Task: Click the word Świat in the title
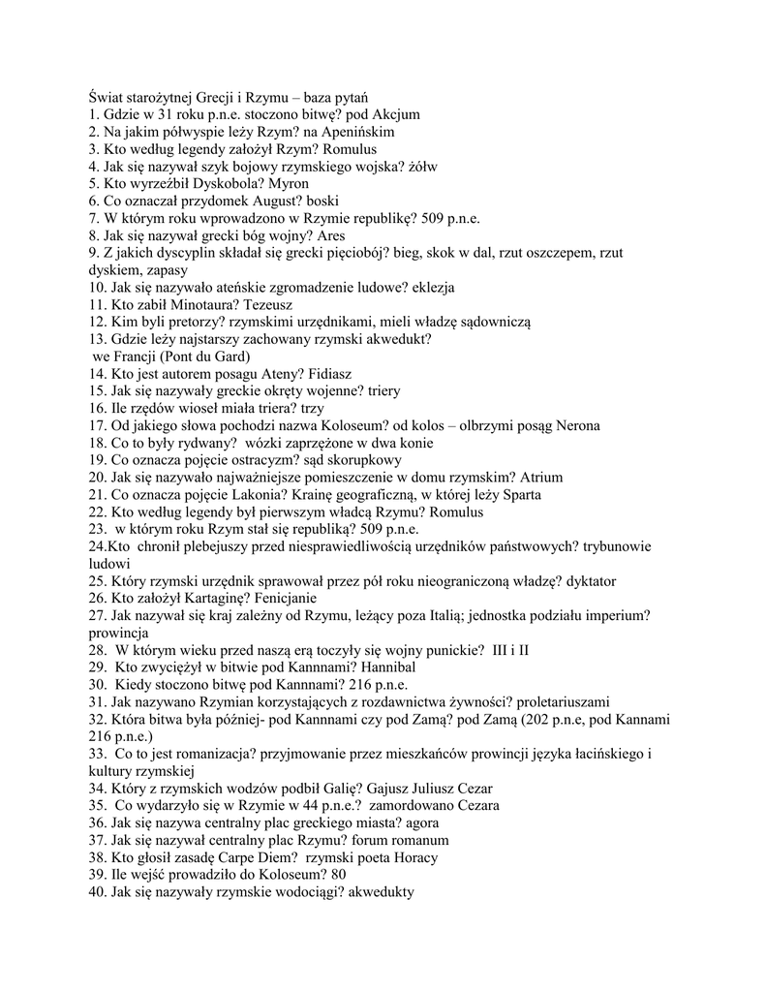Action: point(106,96)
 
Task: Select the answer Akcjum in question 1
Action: point(339,113)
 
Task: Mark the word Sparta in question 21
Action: point(516,495)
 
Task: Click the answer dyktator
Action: point(586,582)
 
